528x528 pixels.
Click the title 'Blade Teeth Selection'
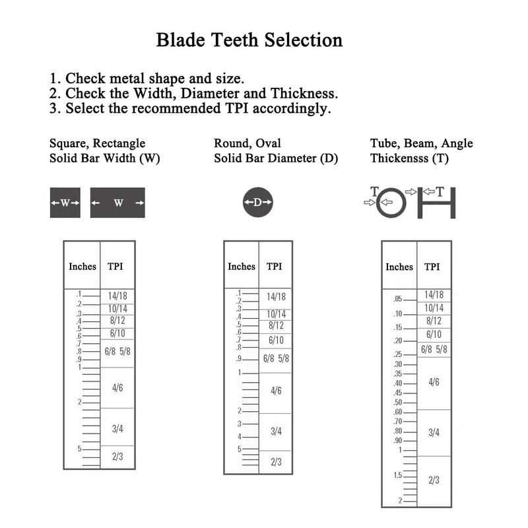[x=249, y=40]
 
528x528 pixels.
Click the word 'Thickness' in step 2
[x=304, y=93]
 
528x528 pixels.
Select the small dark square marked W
[x=65, y=203]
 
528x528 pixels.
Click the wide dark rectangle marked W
[x=117, y=203]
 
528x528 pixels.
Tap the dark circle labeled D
[x=258, y=202]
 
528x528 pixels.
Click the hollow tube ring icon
[x=391, y=203]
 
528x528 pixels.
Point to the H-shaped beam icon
[x=436, y=203]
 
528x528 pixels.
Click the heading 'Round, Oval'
[x=247, y=143]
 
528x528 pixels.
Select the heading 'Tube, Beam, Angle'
[x=422, y=143]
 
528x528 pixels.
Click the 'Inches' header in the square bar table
[x=82, y=267]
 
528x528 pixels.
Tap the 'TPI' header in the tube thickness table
[x=432, y=267]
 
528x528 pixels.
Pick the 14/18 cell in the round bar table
[x=276, y=296]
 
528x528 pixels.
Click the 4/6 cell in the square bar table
[x=117, y=387]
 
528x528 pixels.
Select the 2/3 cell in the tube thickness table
[x=434, y=480]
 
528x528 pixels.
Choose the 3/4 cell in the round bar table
[x=276, y=432]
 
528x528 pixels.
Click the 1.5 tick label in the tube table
[x=398, y=475]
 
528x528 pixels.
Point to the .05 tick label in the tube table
[x=398, y=299]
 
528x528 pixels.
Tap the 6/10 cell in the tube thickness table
[x=434, y=335]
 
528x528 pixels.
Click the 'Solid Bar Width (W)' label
[x=105, y=158]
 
